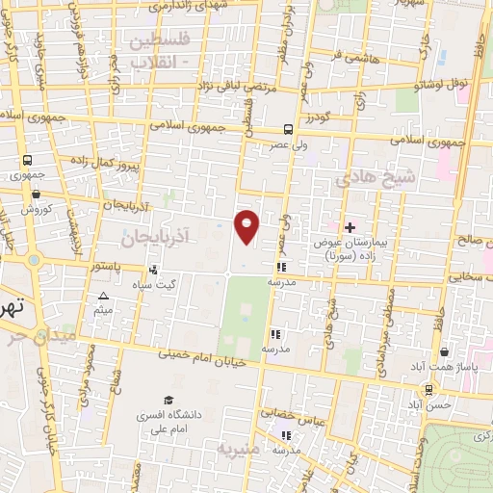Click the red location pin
coord(247,227)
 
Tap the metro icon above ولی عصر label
coord(290,130)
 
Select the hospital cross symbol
coord(350,226)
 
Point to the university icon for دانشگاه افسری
coord(169,400)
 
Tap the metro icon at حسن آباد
coord(428,390)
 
